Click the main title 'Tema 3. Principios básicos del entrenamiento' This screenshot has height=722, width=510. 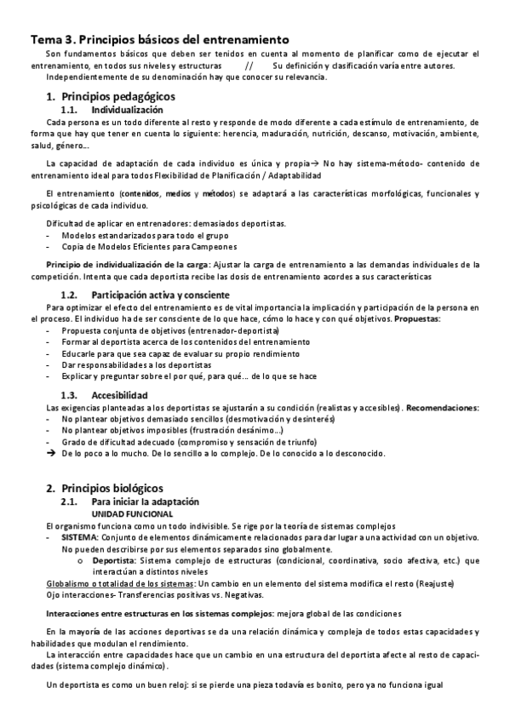(x=161, y=39)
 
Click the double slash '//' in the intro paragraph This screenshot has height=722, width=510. (x=248, y=66)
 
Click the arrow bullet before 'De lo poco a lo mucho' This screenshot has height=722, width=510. (x=50, y=454)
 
